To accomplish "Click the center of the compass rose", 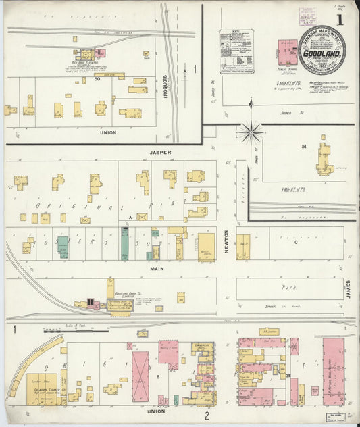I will [x=251, y=131].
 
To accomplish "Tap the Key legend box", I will [x=236, y=51].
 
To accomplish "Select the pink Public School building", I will [x=287, y=52].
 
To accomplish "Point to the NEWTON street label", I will [x=226, y=241].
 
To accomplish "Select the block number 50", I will [x=97, y=80].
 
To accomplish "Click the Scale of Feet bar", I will [x=75, y=331].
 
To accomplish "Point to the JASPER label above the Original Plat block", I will [x=161, y=153].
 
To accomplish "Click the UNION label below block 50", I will [x=107, y=132].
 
